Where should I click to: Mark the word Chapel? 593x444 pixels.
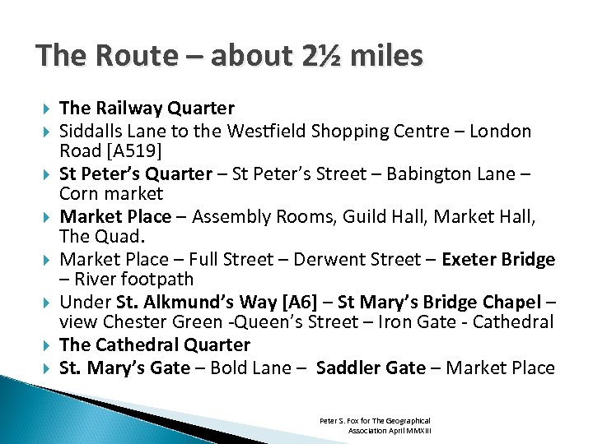pos(511,302)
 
